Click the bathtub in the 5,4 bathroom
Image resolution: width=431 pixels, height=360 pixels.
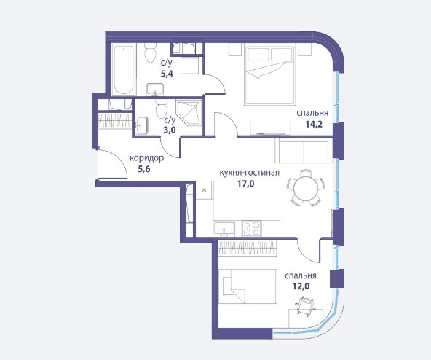pyautogui.click(x=124, y=70)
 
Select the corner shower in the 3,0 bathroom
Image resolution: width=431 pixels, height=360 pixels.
pyautogui.click(x=189, y=113)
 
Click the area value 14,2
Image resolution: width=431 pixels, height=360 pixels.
pyautogui.click(x=314, y=125)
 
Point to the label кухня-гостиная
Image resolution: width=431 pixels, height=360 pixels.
pyautogui.click(x=249, y=173)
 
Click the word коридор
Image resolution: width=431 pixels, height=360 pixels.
pyautogui.click(x=146, y=158)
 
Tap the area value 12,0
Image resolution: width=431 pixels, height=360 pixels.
pyautogui.click(x=301, y=286)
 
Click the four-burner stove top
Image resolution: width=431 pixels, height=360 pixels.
pyautogui.click(x=251, y=229)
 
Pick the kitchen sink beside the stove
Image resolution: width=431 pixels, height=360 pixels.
pyautogui.click(x=224, y=229)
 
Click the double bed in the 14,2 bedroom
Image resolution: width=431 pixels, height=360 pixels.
pyautogui.click(x=269, y=75)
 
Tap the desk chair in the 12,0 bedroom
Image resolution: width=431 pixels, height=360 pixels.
pyautogui.click(x=305, y=306)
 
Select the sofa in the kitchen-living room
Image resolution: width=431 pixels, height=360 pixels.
pyautogui.click(x=304, y=151)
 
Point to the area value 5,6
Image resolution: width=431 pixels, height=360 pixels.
pyautogui.click(x=143, y=169)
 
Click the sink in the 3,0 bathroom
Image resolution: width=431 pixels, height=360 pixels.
pyautogui.click(x=141, y=125)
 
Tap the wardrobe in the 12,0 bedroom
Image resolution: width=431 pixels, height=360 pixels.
pyautogui.click(x=248, y=249)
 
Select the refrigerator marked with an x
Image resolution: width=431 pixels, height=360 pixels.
pyautogui.click(x=205, y=190)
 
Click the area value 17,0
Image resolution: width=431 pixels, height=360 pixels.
pyautogui.click(x=245, y=184)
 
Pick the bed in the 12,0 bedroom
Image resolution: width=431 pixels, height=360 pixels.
pyautogui.click(x=248, y=286)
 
